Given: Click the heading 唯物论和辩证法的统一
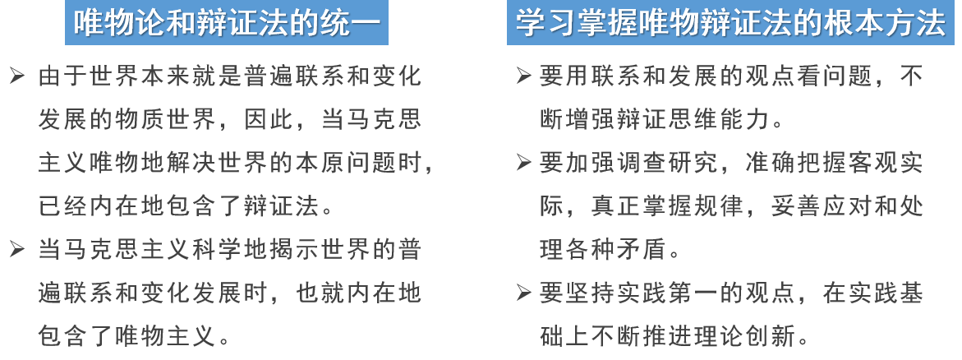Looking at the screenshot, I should (226, 24).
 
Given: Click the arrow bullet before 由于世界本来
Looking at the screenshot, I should (16, 77).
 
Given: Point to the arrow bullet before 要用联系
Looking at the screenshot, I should (523, 77).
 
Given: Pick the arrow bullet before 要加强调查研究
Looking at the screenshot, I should (523, 163).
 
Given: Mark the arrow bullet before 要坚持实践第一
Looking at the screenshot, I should (523, 292).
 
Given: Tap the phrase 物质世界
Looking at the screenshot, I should (153, 120).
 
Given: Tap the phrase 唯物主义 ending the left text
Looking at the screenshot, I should (166, 335).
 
